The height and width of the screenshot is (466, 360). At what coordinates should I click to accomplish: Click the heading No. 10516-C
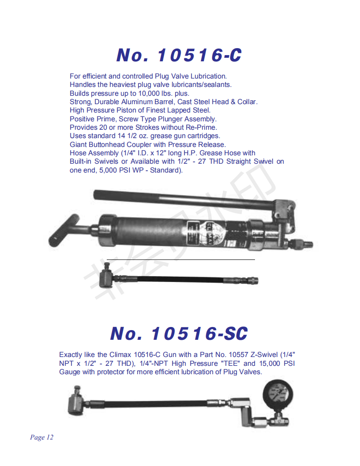pos(179,55)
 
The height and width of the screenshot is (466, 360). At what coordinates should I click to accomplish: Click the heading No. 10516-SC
pos(179,334)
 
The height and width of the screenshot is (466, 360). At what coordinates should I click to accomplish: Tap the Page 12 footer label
pos(41,437)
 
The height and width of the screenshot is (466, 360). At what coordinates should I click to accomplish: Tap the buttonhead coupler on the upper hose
pos(107,276)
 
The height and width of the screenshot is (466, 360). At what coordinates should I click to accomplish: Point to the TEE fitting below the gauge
pos(279,421)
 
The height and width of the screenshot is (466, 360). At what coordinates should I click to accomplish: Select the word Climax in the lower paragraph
pos(120,354)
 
